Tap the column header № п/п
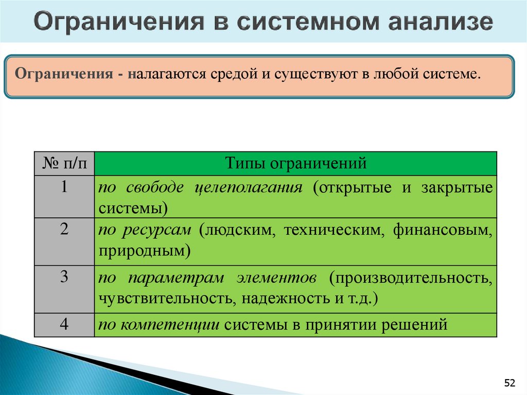click(64, 164)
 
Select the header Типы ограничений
click(295, 164)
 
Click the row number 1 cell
click(64, 187)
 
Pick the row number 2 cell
click(64, 230)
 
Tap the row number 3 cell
click(64, 278)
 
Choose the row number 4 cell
click(64, 324)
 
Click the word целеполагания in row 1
click(249, 187)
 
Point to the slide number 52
click(510, 383)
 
